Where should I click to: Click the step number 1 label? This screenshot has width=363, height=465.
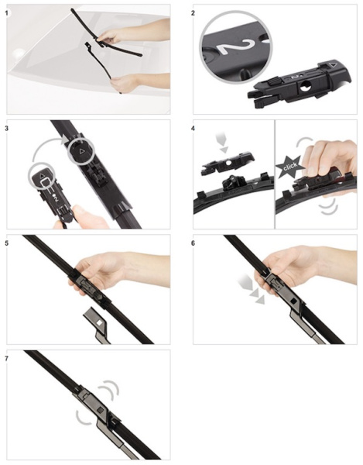[x=6, y=13]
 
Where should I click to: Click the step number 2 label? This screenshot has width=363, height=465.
[x=193, y=13]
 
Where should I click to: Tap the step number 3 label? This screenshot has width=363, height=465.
[x=6, y=129]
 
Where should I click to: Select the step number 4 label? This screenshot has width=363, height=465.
[x=193, y=129]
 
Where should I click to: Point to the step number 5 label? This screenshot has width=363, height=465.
[x=6, y=243]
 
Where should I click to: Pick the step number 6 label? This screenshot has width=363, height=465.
[x=193, y=243]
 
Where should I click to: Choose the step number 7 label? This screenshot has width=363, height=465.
[x=6, y=359]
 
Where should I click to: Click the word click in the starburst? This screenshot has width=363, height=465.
[x=290, y=166]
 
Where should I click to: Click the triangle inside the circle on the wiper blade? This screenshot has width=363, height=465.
[x=82, y=151]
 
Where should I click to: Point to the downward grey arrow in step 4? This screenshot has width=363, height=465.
[x=223, y=143]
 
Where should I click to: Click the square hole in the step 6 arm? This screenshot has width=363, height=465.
[x=293, y=301]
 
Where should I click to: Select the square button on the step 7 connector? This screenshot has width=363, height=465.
[x=100, y=410]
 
